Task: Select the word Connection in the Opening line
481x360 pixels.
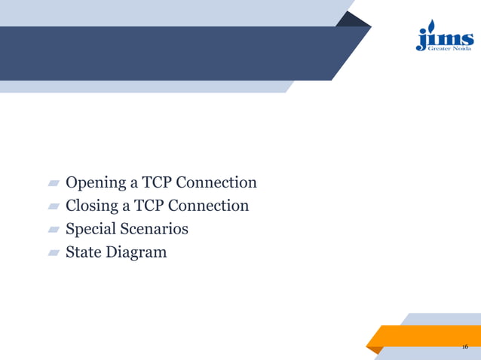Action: pyautogui.click(x=218, y=182)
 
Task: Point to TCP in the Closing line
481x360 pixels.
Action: pyautogui.click(x=151, y=205)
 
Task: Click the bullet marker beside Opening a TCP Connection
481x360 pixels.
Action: pyautogui.click(x=54, y=184)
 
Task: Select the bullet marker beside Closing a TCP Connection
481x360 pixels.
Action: pyautogui.click(x=54, y=206)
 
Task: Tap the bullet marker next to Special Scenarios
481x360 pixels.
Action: pyautogui.click(x=54, y=229)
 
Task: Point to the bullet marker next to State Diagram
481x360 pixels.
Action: pyautogui.click(x=54, y=252)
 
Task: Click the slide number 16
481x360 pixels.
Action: pyautogui.click(x=464, y=346)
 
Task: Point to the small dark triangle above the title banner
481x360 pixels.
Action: pyautogui.click(x=353, y=20)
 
